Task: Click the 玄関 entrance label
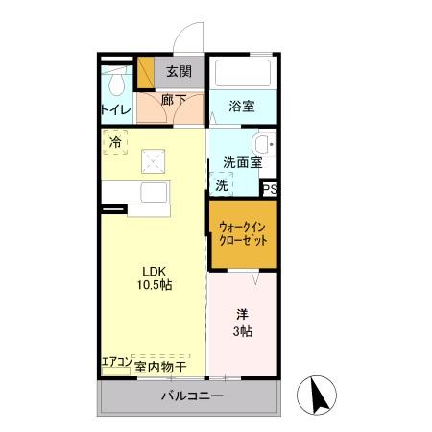179,71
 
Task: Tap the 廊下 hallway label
174,99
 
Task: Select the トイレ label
116,109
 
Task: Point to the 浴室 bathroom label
242,107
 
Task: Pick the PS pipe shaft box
271,189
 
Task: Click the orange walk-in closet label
244,233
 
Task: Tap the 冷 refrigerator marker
116,142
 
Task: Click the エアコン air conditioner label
114,365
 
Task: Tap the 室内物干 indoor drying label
159,366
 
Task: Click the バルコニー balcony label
191,396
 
